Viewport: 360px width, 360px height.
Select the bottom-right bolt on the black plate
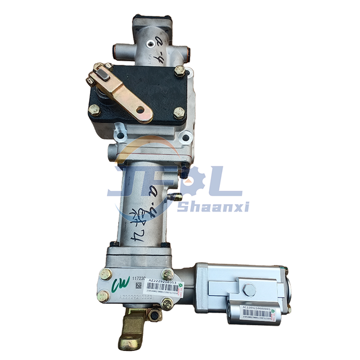(x=179, y=112)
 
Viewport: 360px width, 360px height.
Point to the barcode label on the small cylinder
(x=256, y=312)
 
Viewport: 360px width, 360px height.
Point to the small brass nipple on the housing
(x=176, y=196)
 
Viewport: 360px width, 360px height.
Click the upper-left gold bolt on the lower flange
(x=105, y=275)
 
